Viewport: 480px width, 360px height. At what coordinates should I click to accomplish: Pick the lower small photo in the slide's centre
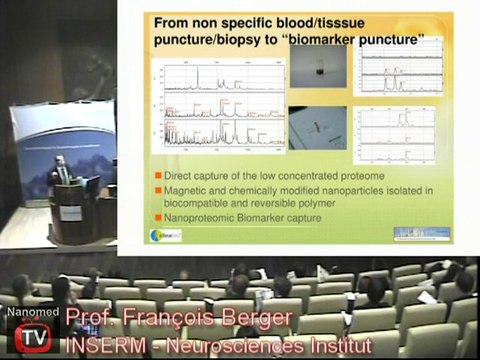(x=318, y=127)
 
